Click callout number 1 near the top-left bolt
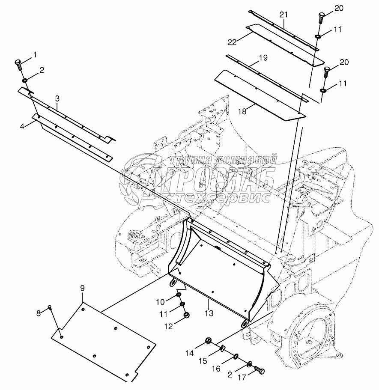35,54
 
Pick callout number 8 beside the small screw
38,313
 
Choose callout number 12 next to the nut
168,326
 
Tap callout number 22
232,42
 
